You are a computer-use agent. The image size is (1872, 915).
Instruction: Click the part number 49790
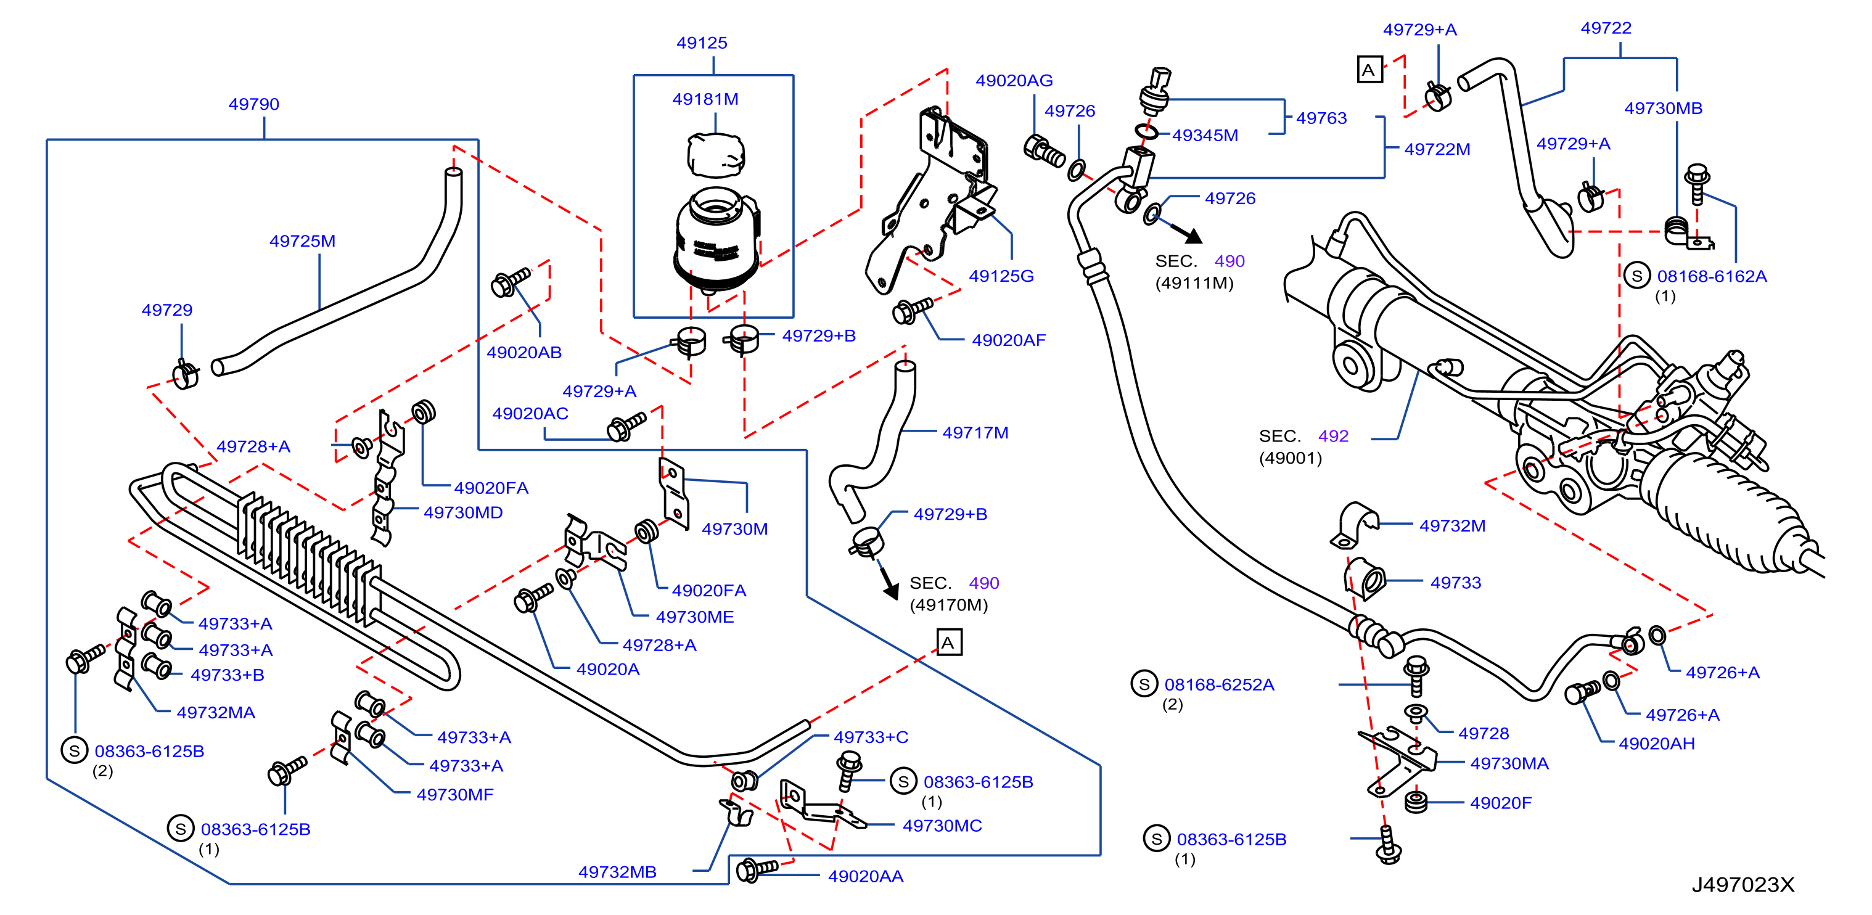tap(253, 104)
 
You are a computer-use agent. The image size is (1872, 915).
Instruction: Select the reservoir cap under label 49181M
tap(716, 155)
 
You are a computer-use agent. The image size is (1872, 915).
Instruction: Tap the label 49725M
tap(302, 240)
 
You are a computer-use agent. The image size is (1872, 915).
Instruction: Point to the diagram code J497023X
tap(1743, 884)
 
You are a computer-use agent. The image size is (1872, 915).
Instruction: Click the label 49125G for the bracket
tap(1001, 276)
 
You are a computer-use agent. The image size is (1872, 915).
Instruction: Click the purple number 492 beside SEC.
tap(1333, 436)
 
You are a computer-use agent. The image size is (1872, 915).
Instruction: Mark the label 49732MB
tap(617, 872)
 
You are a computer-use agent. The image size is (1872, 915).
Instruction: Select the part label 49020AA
tap(866, 877)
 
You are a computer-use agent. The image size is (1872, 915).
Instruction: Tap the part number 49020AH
tap(1656, 744)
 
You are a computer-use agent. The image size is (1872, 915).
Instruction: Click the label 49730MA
tap(1509, 763)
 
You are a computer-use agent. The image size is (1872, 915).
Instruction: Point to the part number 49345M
tap(1205, 135)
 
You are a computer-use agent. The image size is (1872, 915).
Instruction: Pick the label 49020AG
tap(1014, 81)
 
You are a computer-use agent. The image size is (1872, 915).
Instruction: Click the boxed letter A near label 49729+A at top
tap(1369, 70)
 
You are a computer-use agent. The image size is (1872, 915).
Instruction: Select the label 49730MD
tap(463, 512)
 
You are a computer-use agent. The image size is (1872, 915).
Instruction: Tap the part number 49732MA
tap(216, 712)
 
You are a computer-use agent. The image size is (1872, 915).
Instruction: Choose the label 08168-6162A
tap(1712, 276)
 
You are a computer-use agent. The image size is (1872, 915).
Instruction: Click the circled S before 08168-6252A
tap(1144, 684)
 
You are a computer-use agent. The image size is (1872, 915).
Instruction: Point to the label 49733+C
tap(871, 737)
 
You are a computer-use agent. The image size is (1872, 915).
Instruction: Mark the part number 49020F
tap(1501, 803)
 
